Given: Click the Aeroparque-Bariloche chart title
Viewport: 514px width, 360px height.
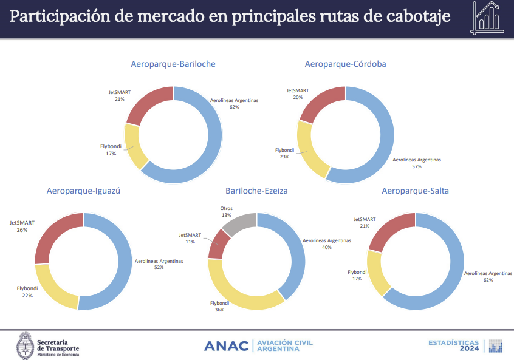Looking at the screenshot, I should point(173,64).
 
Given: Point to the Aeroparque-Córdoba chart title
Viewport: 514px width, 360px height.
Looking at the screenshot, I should point(346,64).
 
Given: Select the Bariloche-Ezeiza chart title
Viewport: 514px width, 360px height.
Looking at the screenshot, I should point(256,191).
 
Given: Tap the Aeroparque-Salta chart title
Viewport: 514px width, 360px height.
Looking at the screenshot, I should point(416,191).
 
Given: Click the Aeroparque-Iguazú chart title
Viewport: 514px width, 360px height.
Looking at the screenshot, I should point(84,191).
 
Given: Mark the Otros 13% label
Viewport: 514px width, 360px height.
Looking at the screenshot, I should point(226,212).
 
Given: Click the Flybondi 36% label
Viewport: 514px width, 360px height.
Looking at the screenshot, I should point(219,306).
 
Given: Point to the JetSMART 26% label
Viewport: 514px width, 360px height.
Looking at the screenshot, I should point(22,226).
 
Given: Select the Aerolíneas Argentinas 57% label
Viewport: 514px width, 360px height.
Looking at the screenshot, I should point(417,163).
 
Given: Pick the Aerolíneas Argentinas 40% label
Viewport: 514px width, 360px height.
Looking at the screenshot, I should point(327,243).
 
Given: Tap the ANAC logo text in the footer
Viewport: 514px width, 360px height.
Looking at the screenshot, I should point(226,346).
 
